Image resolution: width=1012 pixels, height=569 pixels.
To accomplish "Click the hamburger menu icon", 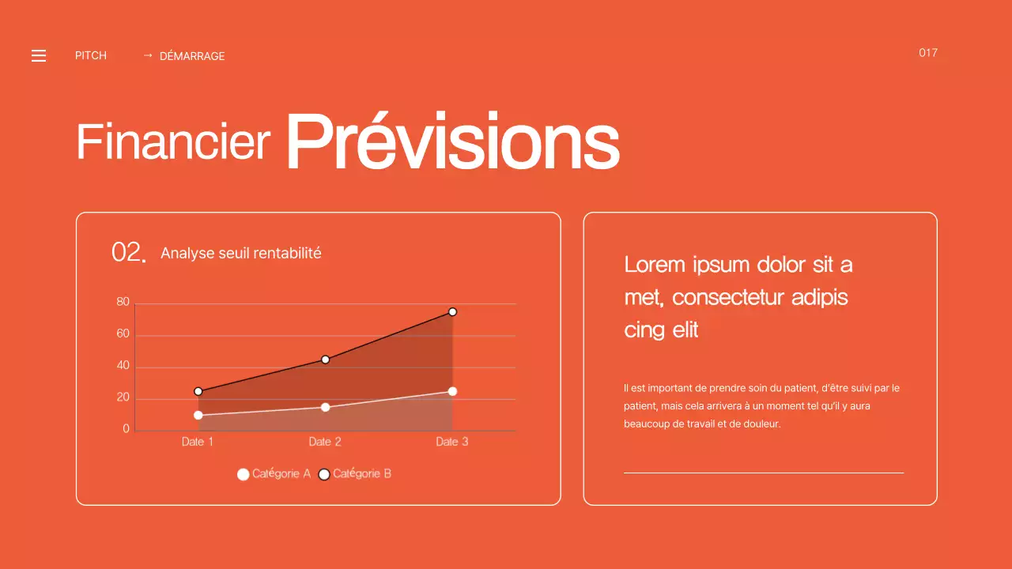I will click(x=39, y=55).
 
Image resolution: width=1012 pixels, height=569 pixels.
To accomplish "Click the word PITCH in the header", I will click(x=91, y=55).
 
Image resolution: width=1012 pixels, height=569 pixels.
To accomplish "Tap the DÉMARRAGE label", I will click(x=192, y=56).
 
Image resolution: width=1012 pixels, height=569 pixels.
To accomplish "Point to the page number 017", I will click(x=928, y=53).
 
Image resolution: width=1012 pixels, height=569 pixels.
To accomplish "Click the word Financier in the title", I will click(x=173, y=142).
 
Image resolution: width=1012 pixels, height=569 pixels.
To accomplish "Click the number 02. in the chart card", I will click(x=129, y=253).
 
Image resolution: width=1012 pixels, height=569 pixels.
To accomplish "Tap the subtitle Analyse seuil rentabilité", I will click(x=240, y=254).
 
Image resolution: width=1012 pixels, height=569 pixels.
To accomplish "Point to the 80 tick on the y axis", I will click(x=123, y=302).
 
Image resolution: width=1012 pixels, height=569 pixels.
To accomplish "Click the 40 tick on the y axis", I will click(x=123, y=366).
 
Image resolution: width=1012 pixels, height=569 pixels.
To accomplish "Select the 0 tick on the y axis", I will click(x=126, y=429).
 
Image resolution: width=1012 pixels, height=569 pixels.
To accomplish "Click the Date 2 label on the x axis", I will click(x=325, y=442).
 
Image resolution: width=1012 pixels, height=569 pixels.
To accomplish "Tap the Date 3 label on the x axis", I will click(x=452, y=442).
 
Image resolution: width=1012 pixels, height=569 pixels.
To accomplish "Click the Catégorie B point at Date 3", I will click(x=452, y=312).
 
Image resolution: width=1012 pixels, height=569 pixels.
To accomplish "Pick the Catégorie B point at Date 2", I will click(x=325, y=360).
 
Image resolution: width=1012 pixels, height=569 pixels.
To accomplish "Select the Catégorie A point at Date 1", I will click(x=198, y=415).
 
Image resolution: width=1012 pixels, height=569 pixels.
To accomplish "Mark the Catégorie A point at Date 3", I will click(x=452, y=391).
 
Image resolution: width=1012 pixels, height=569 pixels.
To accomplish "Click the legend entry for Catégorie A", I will click(x=274, y=474).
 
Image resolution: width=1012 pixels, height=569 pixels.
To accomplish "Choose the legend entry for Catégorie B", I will click(x=355, y=474).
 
